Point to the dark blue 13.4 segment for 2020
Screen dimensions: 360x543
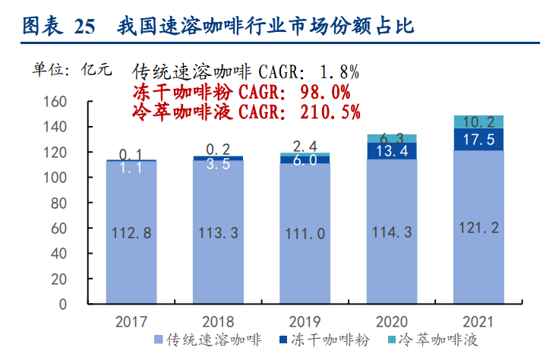pos(392,150)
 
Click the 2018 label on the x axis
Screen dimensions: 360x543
pos(218,321)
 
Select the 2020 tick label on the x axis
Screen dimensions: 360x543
pos(392,321)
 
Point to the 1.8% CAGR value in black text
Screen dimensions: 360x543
pos(339,73)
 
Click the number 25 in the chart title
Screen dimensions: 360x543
pos(85,28)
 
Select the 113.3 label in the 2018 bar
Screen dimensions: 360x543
pos(218,232)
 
